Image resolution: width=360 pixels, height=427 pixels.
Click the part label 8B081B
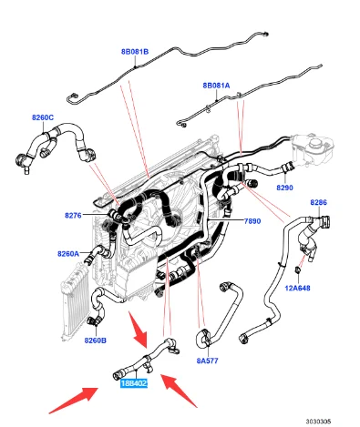[x=135, y=52]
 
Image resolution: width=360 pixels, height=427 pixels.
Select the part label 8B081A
[x=216, y=86]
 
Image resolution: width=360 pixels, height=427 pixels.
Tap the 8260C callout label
[x=43, y=117]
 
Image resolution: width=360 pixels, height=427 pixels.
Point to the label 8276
[x=73, y=216]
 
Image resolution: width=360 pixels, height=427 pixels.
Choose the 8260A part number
[x=68, y=253]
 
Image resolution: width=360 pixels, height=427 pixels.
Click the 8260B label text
[x=96, y=341]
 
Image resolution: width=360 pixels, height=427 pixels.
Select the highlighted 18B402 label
[x=134, y=383]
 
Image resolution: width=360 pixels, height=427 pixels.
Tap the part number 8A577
[x=208, y=361]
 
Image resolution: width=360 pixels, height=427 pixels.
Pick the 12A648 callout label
[x=298, y=288]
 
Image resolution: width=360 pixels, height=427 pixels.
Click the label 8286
[x=319, y=202]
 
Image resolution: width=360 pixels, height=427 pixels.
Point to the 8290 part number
[x=285, y=188]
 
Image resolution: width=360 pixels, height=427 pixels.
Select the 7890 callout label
[x=252, y=221]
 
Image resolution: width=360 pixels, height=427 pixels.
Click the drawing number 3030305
[x=318, y=422]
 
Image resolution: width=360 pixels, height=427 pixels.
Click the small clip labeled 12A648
[x=297, y=269]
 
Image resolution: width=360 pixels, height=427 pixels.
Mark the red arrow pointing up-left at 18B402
[x=179, y=391]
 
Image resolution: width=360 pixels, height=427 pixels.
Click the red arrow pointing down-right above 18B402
[x=139, y=330]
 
